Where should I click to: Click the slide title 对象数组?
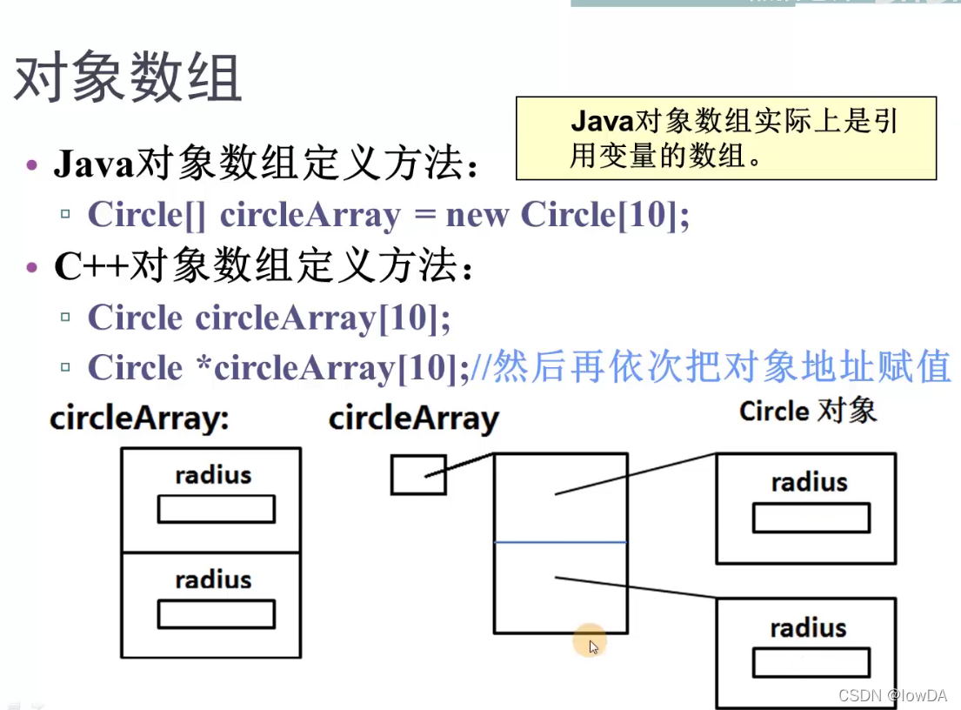click(x=127, y=81)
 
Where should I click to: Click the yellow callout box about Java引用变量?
click(x=725, y=138)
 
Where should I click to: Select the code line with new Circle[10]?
click(x=388, y=214)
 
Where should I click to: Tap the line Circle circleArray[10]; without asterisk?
click(x=269, y=318)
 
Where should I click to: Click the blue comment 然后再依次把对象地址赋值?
click(x=711, y=368)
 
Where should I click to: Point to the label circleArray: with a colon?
click(x=139, y=419)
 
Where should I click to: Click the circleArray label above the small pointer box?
click(x=413, y=419)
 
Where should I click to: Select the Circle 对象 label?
click(x=808, y=411)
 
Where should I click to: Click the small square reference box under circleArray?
click(x=417, y=475)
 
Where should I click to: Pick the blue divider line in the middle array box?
click(x=560, y=542)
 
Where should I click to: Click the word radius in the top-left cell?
click(x=213, y=475)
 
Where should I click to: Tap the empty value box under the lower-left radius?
click(x=216, y=614)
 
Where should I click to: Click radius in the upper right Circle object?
click(x=809, y=482)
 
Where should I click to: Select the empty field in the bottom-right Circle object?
click(x=811, y=663)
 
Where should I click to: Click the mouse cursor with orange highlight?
click(x=591, y=644)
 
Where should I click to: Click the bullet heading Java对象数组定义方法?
click(x=265, y=164)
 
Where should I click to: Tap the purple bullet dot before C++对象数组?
click(x=33, y=268)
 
